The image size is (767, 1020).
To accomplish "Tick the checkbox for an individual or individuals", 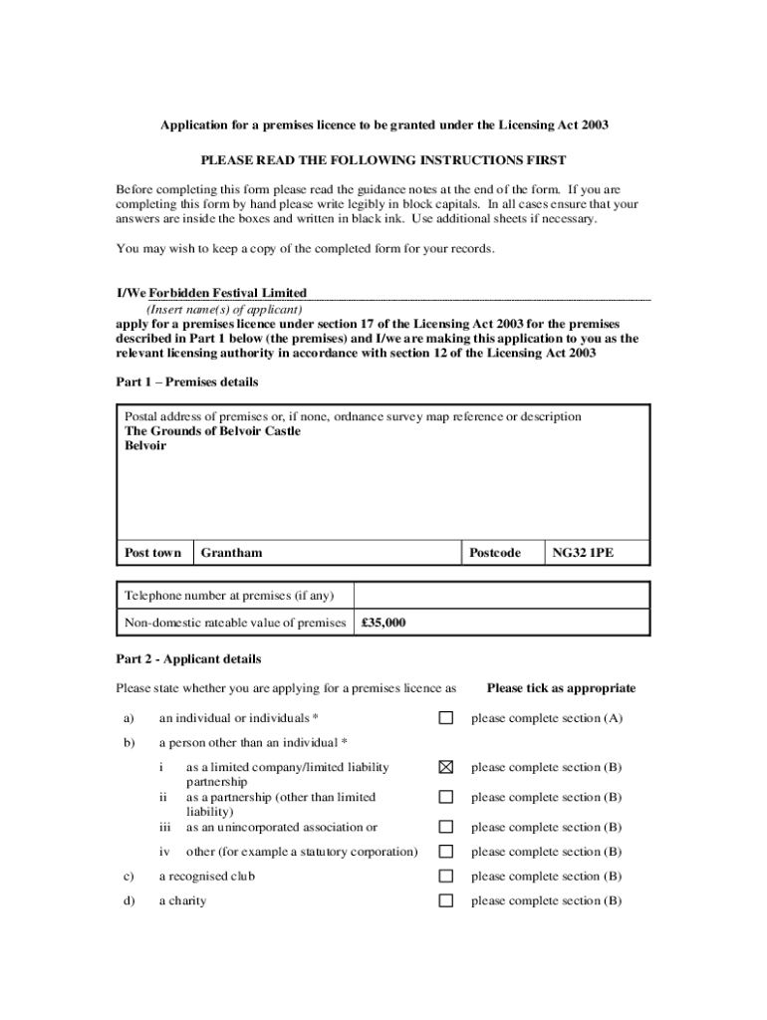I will click(446, 718).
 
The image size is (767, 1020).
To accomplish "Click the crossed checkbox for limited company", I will click(446, 767).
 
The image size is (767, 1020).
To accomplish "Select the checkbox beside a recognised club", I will click(446, 877).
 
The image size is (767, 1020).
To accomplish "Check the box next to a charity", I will click(446, 901).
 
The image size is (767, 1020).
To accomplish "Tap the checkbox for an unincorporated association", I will click(446, 827).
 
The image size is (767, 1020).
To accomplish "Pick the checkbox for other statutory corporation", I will click(446, 852).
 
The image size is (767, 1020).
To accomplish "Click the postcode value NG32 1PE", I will click(583, 553).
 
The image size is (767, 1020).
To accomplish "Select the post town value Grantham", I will click(231, 553).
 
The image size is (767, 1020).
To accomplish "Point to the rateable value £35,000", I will click(383, 624).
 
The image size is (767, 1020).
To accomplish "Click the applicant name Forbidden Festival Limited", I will click(228, 293).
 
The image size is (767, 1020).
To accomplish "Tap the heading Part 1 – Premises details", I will click(187, 382).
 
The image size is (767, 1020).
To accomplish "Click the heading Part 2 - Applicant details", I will click(188, 659).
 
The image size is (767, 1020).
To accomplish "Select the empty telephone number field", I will click(501, 596).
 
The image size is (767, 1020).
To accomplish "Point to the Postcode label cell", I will click(494, 553).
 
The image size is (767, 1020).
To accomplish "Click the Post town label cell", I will click(153, 553).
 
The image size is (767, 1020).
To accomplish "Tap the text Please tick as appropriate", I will click(561, 688).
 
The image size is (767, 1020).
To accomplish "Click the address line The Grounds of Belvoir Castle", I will click(212, 431).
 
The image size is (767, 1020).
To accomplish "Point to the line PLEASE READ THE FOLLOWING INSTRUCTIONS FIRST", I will click(383, 159).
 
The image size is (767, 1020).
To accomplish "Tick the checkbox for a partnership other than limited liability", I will click(446, 797).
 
